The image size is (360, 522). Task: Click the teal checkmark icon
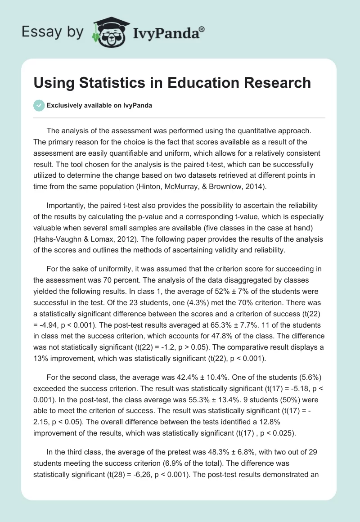(x=39, y=105)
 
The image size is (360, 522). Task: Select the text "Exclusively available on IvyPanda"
(x=99, y=105)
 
